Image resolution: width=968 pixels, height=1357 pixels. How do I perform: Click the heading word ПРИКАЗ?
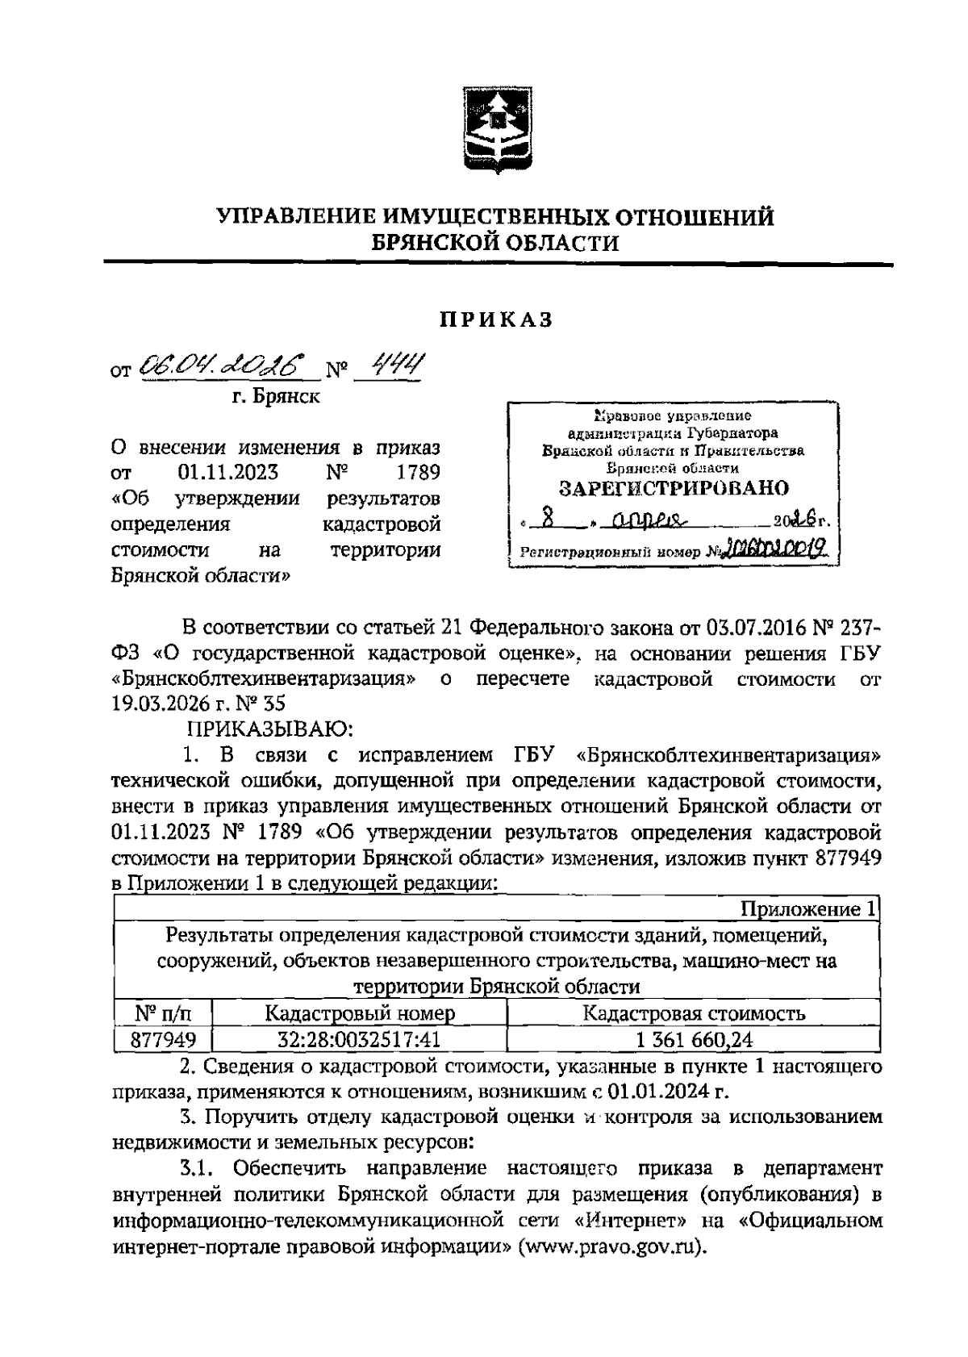pos(497,319)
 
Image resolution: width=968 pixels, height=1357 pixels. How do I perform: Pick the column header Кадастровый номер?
pos(360,1013)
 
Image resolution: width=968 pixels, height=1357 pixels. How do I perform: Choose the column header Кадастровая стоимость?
pos(693,1013)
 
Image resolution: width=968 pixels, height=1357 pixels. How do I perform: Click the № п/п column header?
pos(162,1013)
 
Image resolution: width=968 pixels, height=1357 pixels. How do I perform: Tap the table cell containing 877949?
pos(163,1040)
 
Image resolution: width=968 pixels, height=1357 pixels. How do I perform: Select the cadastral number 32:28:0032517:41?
pos(360,1040)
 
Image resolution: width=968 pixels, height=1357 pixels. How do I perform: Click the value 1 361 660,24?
pos(694,1040)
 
